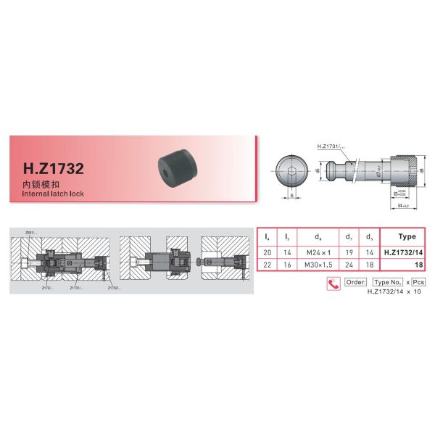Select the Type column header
point(407,237)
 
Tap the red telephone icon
point(334,283)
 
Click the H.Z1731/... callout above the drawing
point(331,147)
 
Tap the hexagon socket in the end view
point(292,172)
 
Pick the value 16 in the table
point(287,265)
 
